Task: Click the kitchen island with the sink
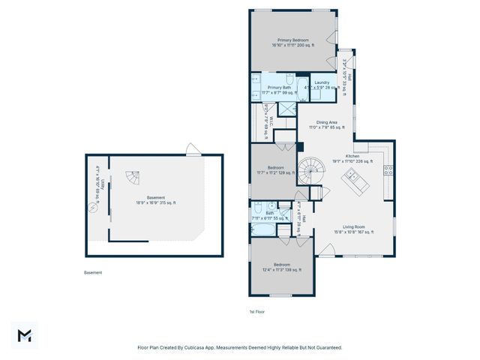click(x=352, y=180)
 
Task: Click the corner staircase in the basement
click(x=131, y=178)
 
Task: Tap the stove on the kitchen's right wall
click(x=388, y=170)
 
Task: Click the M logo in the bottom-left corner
click(x=24, y=335)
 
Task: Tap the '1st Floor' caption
click(x=256, y=311)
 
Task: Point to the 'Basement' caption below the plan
click(x=93, y=273)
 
